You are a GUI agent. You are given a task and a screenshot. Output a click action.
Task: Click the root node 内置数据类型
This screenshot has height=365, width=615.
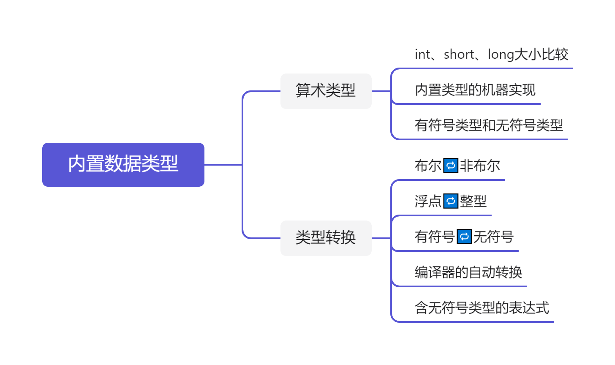[x=123, y=164]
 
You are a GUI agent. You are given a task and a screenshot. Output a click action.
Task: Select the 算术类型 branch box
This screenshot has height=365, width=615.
[x=326, y=91]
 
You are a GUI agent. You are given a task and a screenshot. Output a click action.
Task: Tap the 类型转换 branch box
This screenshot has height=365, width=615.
[x=326, y=238]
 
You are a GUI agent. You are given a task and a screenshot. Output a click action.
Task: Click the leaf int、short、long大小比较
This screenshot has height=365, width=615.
[x=491, y=54]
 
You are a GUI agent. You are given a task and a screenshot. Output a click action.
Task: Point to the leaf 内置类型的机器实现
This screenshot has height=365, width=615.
[x=475, y=90]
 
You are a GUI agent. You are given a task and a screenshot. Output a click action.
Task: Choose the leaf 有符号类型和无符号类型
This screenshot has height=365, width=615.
[x=489, y=125]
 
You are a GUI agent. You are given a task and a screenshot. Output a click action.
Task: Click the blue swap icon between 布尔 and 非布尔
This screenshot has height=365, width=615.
[x=451, y=166]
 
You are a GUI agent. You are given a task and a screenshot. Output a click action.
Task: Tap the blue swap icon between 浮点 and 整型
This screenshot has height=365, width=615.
[x=451, y=201]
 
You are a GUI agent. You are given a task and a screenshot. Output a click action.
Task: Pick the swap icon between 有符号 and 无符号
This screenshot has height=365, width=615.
[x=464, y=237]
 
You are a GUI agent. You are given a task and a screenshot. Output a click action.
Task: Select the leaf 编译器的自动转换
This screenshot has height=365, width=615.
[x=468, y=272]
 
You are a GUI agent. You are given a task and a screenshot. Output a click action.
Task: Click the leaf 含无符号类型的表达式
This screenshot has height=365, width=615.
[x=482, y=308]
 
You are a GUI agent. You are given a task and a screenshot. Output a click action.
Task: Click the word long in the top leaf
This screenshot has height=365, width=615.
[x=501, y=55]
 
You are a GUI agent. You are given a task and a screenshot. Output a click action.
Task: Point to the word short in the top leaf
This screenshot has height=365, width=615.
[x=459, y=55]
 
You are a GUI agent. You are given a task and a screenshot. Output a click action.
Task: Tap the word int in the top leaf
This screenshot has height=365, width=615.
[x=422, y=55]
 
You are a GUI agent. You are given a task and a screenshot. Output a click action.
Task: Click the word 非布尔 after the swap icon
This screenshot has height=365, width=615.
[x=480, y=166]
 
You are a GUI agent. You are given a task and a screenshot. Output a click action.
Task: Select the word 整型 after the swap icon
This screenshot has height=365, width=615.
[x=473, y=201]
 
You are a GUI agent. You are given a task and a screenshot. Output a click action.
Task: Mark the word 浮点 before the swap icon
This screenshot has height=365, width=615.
[x=428, y=201]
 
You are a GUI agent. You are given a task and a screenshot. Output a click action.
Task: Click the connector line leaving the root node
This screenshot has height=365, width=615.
[x=223, y=164]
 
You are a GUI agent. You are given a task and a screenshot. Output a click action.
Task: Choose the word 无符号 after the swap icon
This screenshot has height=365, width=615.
[x=493, y=237]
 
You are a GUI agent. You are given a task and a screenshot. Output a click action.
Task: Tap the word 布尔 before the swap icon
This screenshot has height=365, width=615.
[x=428, y=166]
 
